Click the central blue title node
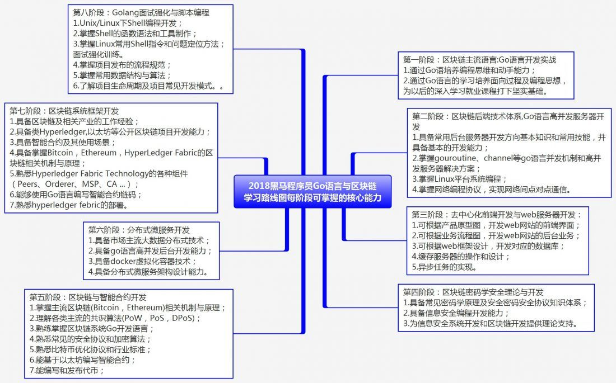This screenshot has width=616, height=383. click(313, 191)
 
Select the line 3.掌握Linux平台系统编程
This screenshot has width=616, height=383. click(460, 179)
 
